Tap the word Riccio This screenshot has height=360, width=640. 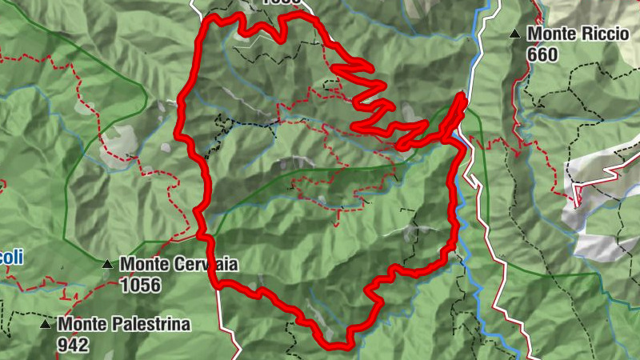(x=594, y=34)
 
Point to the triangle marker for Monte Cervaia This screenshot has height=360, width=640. (x=107, y=263)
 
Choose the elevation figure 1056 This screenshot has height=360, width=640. (x=140, y=284)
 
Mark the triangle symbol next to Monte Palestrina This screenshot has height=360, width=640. (x=46, y=325)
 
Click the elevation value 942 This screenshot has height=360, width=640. (x=73, y=345)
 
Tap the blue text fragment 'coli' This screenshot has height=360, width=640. (x=11, y=257)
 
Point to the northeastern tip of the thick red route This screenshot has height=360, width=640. (x=462, y=96)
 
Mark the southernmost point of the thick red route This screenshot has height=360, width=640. (x=338, y=346)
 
